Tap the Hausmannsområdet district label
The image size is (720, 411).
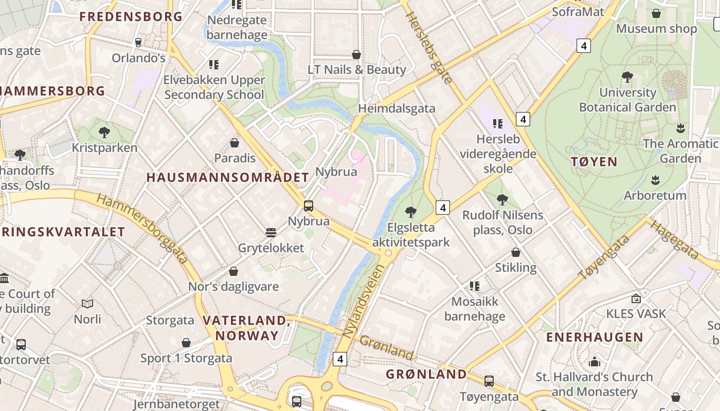tap(227, 178)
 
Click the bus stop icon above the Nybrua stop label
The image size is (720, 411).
tap(309, 206)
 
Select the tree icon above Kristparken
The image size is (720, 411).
tap(104, 133)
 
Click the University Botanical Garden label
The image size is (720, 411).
tap(627, 100)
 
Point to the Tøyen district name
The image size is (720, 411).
tap(594, 162)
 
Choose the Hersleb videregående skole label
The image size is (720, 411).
tap(498, 154)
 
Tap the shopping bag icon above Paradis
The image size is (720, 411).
tap(235, 142)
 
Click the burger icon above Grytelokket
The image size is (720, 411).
tap(271, 233)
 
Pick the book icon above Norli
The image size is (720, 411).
tap(87, 304)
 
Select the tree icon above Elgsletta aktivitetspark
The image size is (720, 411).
tap(410, 212)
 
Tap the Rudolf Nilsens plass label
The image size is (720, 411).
tap(502, 222)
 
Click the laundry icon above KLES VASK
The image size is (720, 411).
tap(636, 298)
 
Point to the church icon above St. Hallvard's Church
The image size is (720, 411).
tap(595, 362)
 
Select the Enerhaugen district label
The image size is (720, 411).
tap(595, 337)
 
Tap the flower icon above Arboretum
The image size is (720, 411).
tap(655, 180)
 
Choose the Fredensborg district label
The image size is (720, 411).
tap(131, 16)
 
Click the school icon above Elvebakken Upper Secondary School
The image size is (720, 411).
tap(214, 65)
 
